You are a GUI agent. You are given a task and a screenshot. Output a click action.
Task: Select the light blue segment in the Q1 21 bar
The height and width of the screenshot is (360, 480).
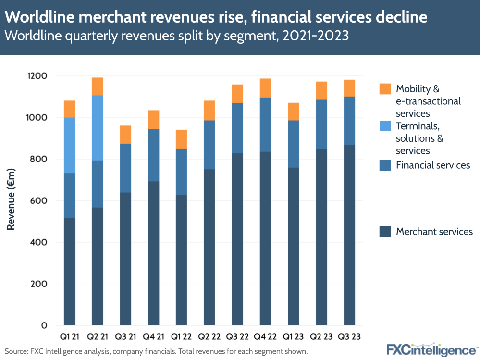70,145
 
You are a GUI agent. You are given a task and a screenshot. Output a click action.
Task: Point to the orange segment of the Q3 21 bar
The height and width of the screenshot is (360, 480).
125,135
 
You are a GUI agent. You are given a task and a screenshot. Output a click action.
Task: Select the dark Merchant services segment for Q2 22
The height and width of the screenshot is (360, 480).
209,247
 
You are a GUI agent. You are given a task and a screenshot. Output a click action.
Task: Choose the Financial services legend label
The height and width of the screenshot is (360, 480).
432,165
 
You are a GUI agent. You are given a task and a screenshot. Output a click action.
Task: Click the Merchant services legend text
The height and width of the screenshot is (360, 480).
434,232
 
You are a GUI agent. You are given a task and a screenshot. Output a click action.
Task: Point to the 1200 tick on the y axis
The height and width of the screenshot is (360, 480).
37,76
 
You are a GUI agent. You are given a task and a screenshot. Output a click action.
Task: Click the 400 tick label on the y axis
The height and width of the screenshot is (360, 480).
38,242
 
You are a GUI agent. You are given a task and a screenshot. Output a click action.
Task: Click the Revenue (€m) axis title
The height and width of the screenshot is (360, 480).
11,199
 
